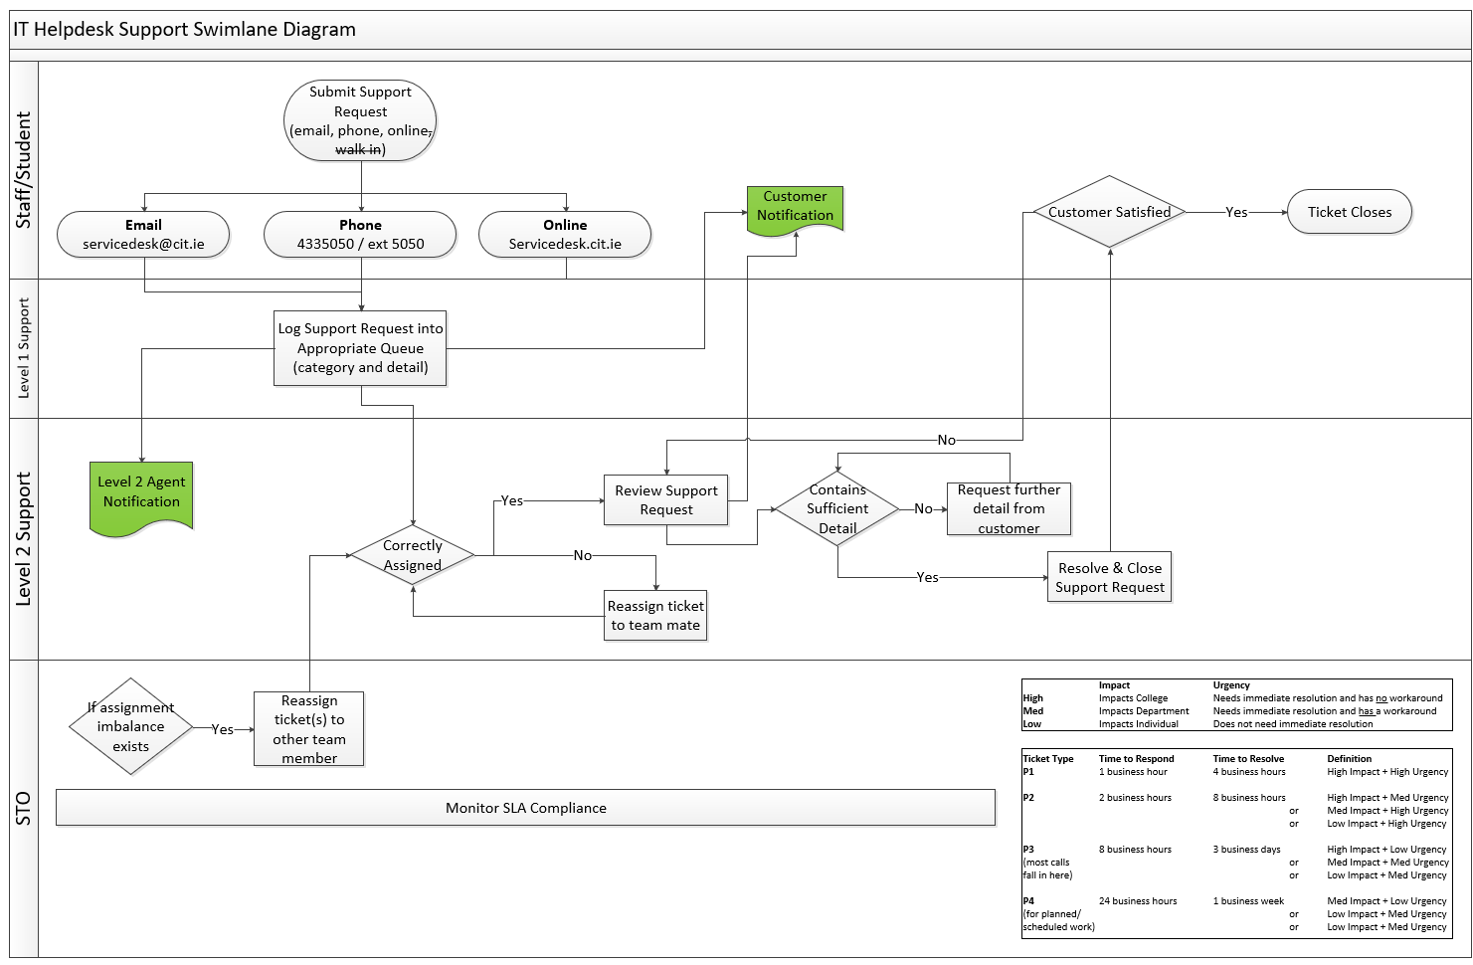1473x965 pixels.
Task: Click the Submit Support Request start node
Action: pos(360,120)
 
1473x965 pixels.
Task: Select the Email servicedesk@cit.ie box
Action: pos(143,235)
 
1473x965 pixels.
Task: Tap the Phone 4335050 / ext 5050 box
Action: pos(360,235)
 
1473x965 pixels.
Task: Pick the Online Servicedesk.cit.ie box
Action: pos(565,235)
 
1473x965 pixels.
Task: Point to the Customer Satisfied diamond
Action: pos(1109,212)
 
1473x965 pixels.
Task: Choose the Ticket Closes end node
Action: pos(1349,212)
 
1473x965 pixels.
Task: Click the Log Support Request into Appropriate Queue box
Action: pos(360,348)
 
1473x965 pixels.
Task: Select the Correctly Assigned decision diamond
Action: pos(413,555)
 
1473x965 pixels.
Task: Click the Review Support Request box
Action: pos(665,500)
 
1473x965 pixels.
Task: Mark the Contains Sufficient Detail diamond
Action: pos(837,509)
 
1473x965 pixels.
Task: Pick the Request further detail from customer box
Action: pos(1009,509)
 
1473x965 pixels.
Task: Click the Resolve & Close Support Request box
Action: pos(1109,577)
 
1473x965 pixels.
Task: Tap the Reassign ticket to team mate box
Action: pos(655,616)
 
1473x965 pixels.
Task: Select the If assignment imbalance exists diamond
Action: pos(130,727)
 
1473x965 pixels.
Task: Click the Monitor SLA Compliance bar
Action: pos(525,808)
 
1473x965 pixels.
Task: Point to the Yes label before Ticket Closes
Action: pos(1236,212)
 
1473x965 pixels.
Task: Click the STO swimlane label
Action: pos(24,808)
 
